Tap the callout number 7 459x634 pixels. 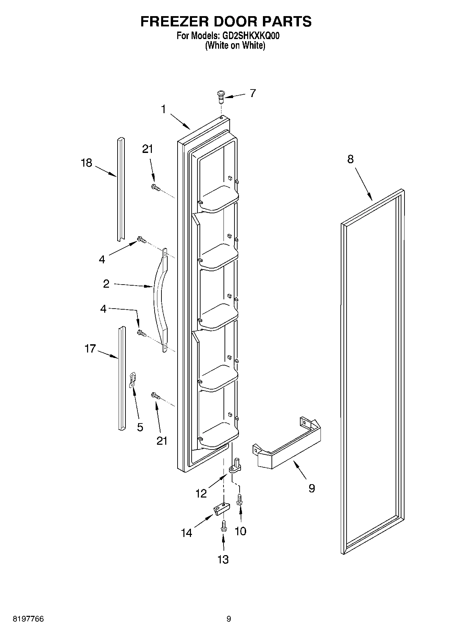(x=253, y=93)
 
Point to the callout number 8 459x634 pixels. (x=350, y=159)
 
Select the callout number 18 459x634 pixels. (x=86, y=163)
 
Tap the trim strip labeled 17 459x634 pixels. (x=121, y=377)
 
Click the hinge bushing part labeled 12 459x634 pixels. (x=235, y=466)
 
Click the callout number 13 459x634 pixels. (x=223, y=560)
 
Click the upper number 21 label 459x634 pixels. (x=147, y=149)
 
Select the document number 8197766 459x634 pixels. (x=28, y=619)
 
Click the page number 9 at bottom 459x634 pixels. (x=229, y=619)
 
